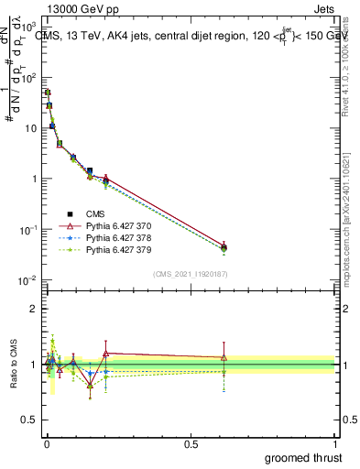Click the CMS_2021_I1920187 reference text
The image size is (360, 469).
[190, 274]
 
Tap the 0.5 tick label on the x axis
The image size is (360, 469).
[191, 442]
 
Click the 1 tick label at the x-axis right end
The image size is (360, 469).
[336, 442]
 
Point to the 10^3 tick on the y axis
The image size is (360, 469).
[27, 27]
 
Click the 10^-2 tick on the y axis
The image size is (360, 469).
[27, 279]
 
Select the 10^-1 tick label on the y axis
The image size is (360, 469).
[27, 229]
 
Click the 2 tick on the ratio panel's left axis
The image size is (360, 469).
[32, 309]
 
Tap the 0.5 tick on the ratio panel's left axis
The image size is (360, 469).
[27, 421]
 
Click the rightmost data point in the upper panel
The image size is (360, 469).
[224, 247]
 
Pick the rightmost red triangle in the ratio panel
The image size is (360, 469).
[224, 357]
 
